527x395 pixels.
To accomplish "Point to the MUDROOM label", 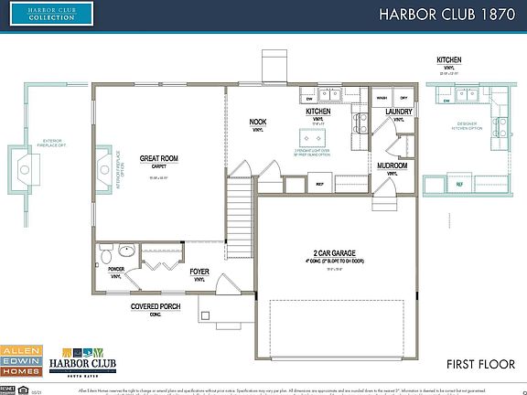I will tap(393, 165).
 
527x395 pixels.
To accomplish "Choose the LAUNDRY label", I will tap(399, 112).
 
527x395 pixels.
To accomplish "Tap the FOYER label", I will tap(199, 272).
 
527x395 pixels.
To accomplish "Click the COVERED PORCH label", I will tap(159, 306).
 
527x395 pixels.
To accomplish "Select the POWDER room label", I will tap(116, 269).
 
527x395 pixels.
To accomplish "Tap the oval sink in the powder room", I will tap(127, 249).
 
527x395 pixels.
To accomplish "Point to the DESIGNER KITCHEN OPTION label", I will tap(472, 128).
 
